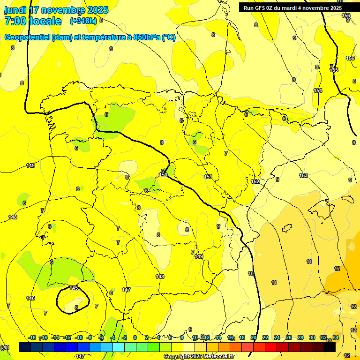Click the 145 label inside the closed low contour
(x=74, y=288)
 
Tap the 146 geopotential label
(x=30, y=298)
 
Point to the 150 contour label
(x=163, y=175)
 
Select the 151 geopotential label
(x=208, y=177)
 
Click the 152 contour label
(x=255, y=181)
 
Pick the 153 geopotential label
(x=303, y=175)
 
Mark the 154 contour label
(x=318, y=90)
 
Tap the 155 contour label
(x=334, y=70)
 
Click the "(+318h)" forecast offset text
(x=83, y=21)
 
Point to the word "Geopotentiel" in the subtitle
(x=28, y=37)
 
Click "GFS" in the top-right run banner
(x=263, y=8)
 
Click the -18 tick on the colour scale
(x=32, y=337)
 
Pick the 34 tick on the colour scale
(x=336, y=337)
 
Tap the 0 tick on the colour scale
(x=135, y=337)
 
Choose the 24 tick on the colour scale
(x=277, y=337)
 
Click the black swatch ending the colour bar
(x=330, y=347)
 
